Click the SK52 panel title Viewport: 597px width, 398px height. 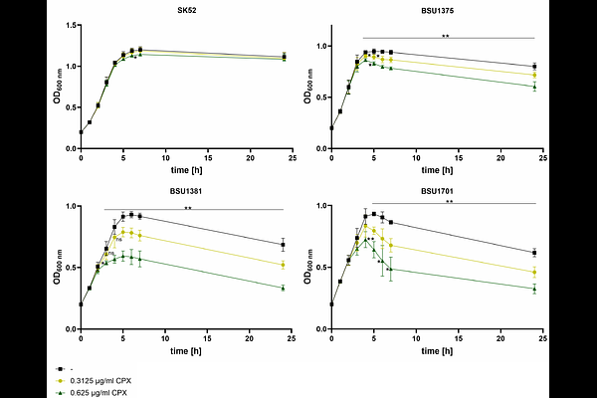tap(185, 10)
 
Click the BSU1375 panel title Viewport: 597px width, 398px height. tap(437, 11)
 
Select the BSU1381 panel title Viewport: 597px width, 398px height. tap(186, 191)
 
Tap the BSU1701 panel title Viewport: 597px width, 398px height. tap(437, 191)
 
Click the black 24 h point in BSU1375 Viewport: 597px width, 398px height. tap(534, 67)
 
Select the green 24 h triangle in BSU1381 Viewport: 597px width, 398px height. tap(283, 289)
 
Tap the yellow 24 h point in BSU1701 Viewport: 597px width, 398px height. tap(534, 273)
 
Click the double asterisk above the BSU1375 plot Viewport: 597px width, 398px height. tap(446, 37)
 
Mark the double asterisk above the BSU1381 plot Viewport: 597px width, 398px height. tap(188, 208)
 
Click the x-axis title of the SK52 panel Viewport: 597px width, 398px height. tap(187, 170)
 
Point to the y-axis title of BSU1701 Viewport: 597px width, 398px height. tap(308, 267)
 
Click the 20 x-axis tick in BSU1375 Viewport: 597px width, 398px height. tap(500, 158)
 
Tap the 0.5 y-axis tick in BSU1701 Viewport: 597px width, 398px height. tap(322, 268)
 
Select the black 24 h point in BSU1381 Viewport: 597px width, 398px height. tap(283, 245)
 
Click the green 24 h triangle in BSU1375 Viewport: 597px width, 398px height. tap(534, 87)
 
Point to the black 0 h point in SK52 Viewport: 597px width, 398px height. tap(81, 132)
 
